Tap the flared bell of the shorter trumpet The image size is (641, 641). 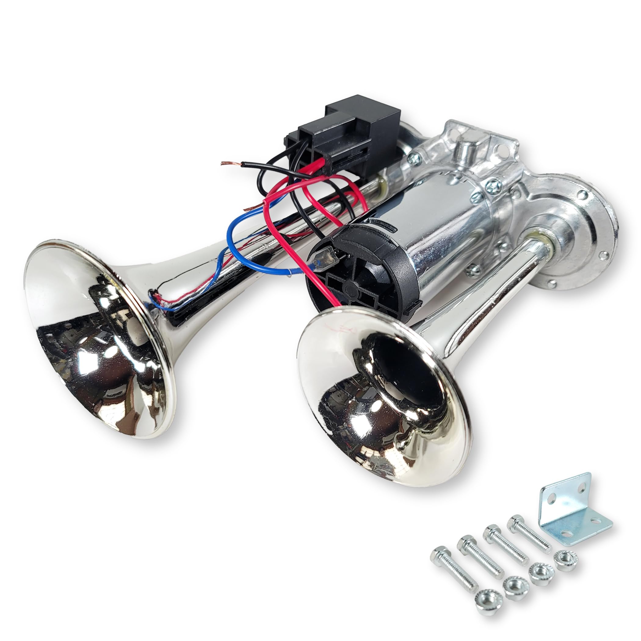[382, 398]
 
